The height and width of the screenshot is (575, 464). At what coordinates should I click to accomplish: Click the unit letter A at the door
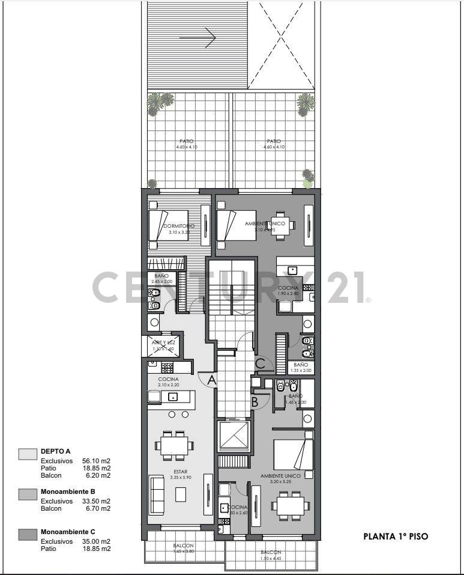click(210, 380)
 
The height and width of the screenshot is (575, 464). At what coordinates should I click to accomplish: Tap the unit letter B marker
click(255, 403)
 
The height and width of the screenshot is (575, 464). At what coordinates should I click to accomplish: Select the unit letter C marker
click(261, 363)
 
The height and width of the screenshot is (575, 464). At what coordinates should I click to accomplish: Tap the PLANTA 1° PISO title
click(396, 537)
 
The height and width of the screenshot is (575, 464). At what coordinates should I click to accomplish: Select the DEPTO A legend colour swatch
click(28, 453)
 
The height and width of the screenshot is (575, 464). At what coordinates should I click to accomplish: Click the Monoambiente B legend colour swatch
click(28, 494)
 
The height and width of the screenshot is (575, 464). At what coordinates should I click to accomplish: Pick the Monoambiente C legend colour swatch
click(28, 534)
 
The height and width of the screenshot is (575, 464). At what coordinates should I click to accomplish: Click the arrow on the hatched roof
click(197, 38)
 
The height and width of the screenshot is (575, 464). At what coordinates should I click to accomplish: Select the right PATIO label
click(274, 141)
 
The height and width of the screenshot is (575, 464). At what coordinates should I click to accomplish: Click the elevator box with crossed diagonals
click(234, 436)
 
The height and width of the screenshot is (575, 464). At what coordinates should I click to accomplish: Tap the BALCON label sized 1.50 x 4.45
click(271, 552)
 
